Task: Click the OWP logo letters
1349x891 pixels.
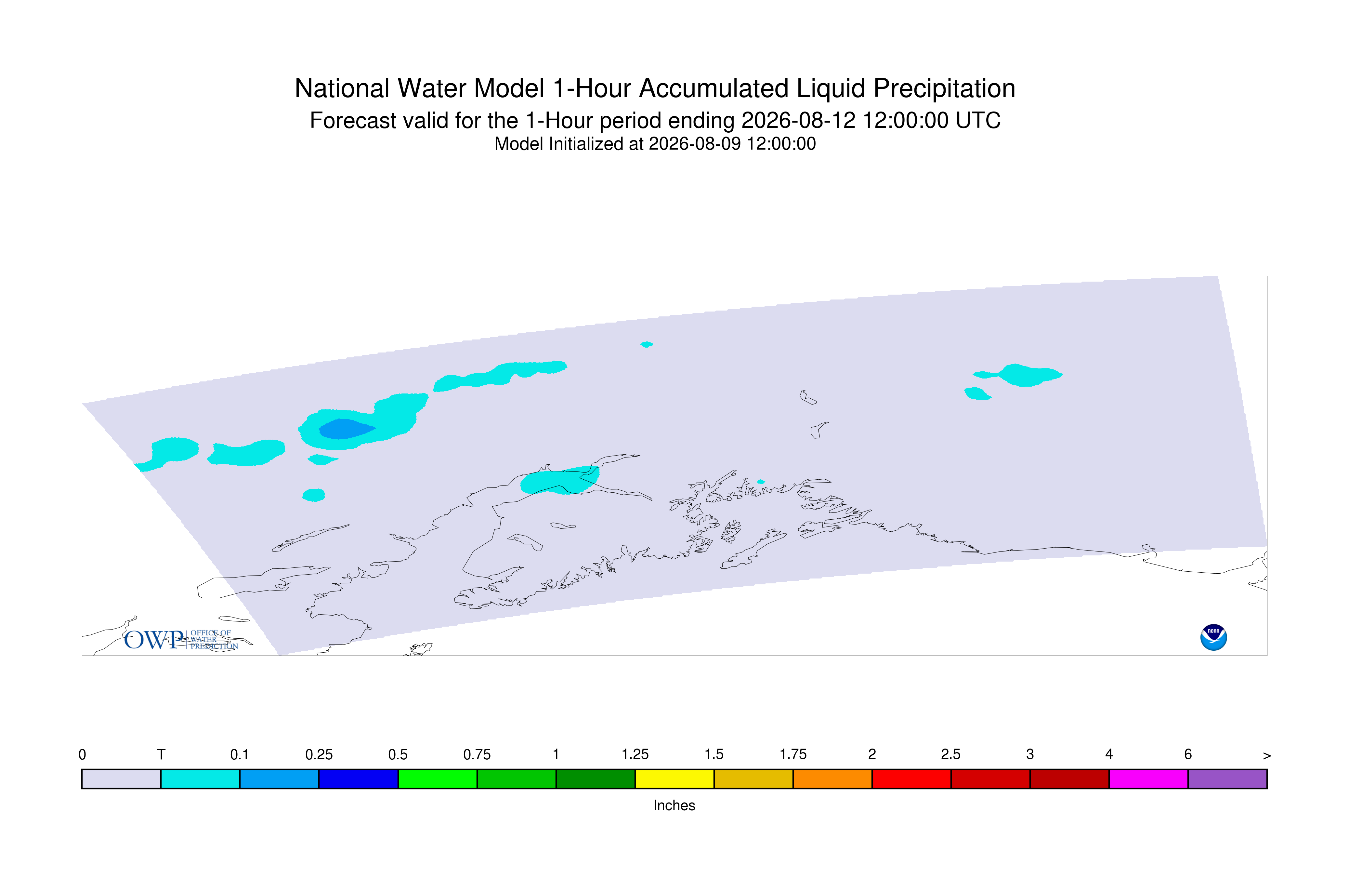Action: [x=153, y=640]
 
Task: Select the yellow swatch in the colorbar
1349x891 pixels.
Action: [x=674, y=779]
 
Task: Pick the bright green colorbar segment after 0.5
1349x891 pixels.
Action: [x=437, y=779]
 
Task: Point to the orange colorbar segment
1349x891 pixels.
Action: [x=832, y=779]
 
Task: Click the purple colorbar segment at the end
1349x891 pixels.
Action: [x=1227, y=779]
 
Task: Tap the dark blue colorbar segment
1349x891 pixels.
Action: [x=359, y=779]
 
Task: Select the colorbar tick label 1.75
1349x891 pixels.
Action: [x=793, y=755]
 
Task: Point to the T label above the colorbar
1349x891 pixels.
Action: [x=161, y=755]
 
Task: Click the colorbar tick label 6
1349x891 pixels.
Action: [x=1188, y=755]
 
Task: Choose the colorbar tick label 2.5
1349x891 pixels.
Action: [x=951, y=755]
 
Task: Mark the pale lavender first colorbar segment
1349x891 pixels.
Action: [x=122, y=779]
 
